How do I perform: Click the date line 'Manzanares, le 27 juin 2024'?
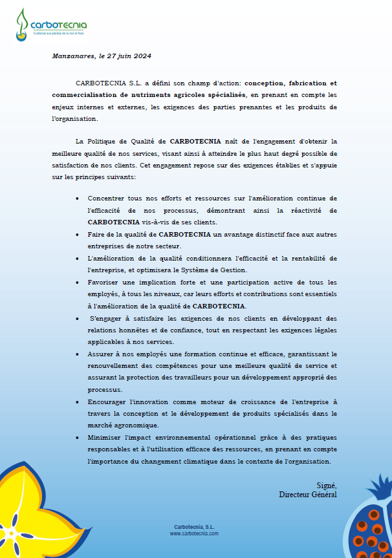click(102, 56)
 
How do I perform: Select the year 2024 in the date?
click(142, 56)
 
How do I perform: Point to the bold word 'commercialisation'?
click(82, 96)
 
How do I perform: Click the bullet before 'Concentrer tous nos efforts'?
click(78, 199)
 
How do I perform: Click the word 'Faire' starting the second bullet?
click(96, 233)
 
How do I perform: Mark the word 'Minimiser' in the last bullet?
click(105, 437)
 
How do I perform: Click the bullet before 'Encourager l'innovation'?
click(78, 402)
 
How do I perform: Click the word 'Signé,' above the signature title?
click(327, 485)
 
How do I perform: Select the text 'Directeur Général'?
click(308, 495)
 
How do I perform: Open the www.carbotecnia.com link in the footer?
click(194, 534)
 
